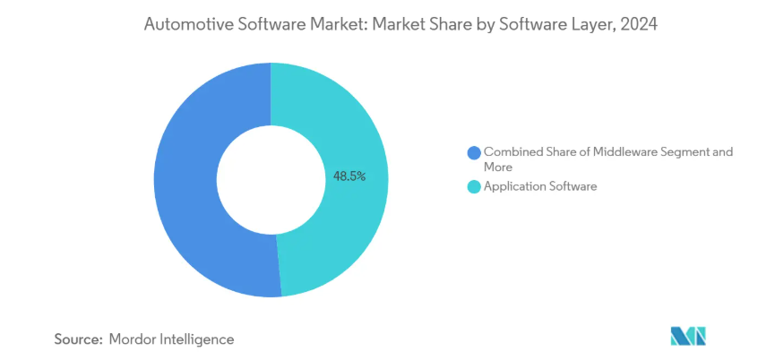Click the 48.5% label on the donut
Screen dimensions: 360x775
(349, 176)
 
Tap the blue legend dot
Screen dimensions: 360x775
(473, 152)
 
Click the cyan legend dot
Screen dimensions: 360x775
(473, 187)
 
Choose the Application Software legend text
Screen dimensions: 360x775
(539, 187)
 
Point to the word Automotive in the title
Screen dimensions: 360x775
(184, 25)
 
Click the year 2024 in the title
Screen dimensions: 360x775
(639, 25)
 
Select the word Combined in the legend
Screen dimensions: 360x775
(513, 152)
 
